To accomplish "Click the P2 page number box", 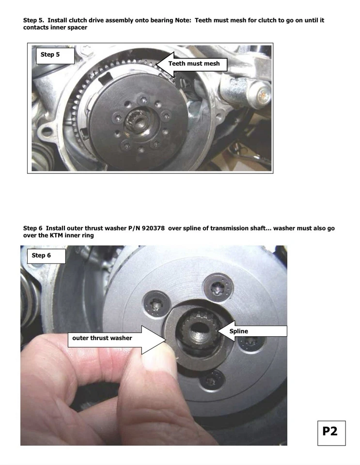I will point(330,431).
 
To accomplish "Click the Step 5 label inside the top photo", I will point(50,55).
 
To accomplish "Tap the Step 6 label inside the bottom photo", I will point(41,255).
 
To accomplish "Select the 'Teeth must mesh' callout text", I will point(194,63).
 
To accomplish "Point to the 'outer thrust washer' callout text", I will point(102,338).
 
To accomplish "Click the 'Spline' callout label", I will point(238,331).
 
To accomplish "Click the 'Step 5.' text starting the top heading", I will point(34,20).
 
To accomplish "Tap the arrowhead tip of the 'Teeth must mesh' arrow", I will point(156,64).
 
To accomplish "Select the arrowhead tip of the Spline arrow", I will point(218,331).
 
